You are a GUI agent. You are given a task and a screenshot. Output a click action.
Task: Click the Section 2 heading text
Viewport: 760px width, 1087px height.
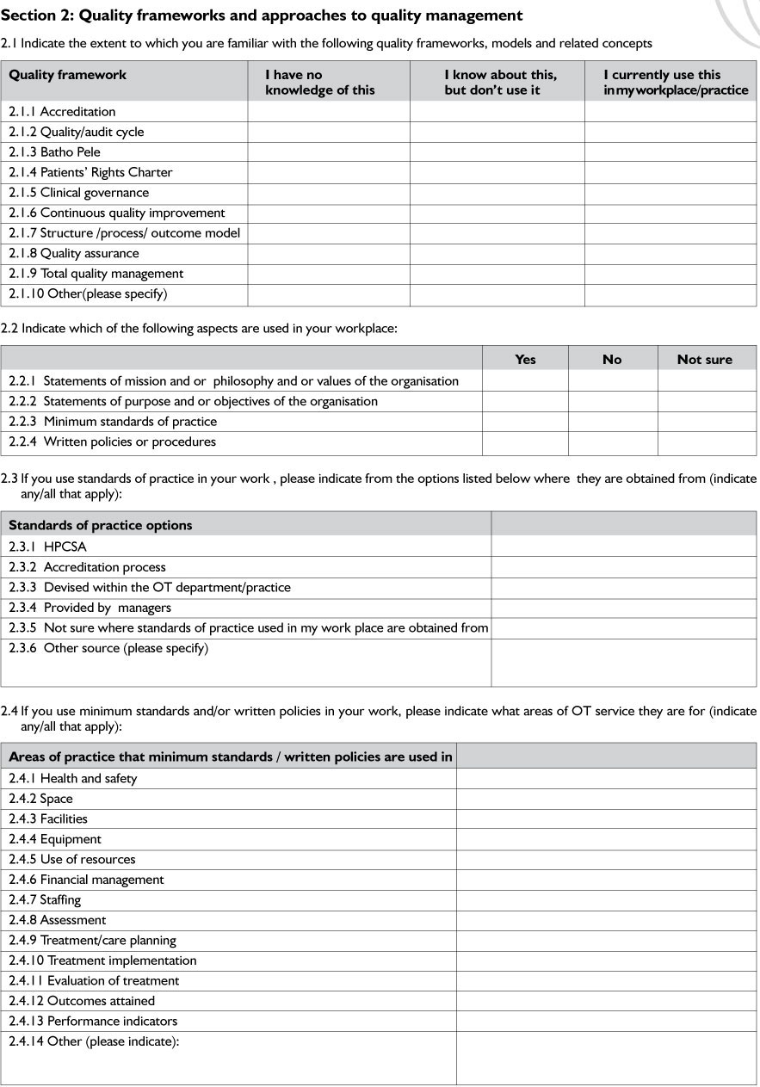pyautogui.click(x=262, y=15)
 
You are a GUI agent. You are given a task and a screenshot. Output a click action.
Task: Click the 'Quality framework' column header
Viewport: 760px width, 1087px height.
pyautogui.click(x=68, y=75)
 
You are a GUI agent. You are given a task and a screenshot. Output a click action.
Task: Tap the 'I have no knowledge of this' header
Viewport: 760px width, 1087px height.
pyautogui.click(x=320, y=83)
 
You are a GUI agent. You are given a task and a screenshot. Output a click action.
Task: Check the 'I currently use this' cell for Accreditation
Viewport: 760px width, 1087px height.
pyautogui.click(x=670, y=112)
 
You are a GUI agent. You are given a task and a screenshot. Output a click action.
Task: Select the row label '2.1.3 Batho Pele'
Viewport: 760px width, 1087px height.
pyautogui.click(x=55, y=152)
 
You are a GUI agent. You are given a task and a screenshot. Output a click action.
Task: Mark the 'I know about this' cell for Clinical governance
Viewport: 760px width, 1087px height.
pyautogui.click(x=497, y=193)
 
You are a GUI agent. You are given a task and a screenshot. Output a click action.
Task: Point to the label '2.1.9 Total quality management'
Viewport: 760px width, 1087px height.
pyautogui.click(x=96, y=274)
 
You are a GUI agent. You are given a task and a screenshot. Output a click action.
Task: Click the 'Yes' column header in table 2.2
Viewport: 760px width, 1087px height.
pyautogui.click(x=525, y=360)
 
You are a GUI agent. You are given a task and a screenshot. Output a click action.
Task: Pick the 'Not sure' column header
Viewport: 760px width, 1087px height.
pyautogui.click(x=705, y=360)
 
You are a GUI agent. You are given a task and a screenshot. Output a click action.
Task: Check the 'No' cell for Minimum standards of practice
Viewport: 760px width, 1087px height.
pyautogui.click(x=612, y=422)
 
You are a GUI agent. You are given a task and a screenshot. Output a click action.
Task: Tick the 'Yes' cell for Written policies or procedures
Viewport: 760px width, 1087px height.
pyautogui.click(x=525, y=442)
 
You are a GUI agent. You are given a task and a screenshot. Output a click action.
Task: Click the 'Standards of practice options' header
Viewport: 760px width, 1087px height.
pyautogui.click(x=101, y=525)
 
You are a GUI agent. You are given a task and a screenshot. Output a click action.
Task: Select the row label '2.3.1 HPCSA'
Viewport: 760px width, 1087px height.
pyautogui.click(x=48, y=547)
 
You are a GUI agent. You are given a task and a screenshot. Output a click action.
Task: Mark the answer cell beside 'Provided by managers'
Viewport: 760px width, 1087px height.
pyautogui.click(x=623, y=608)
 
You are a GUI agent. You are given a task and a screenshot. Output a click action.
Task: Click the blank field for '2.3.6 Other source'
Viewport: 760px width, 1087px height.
pyautogui.click(x=623, y=662)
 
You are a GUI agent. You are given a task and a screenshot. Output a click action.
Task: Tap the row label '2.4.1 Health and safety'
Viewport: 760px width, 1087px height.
pyautogui.click(x=73, y=779)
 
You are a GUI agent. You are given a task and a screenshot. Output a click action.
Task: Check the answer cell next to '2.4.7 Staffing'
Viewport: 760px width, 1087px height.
pyautogui.click(x=606, y=900)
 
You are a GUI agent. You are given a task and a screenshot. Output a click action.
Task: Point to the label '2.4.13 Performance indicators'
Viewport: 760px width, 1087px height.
pyautogui.click(x=93, y=1022)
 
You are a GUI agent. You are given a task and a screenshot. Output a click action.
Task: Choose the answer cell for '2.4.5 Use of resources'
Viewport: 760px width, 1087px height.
pyautogui.click(x=606, y=860)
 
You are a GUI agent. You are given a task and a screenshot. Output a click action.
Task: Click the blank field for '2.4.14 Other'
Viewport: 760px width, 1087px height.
pyautogui.click(x=606, y=1058)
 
